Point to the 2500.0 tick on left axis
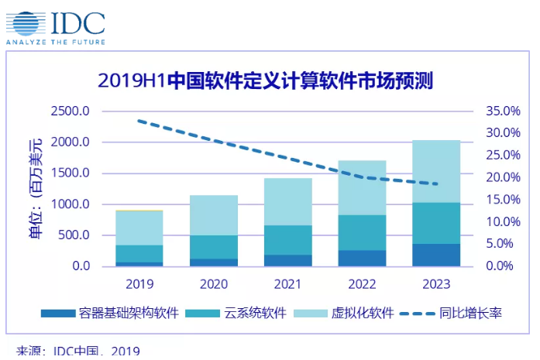71,111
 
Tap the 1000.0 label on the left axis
71,204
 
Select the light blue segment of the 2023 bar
436,171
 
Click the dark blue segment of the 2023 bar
436,255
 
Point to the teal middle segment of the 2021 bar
287,240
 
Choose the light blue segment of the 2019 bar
139,228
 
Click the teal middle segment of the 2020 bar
214,247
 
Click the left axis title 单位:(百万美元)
36,190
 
